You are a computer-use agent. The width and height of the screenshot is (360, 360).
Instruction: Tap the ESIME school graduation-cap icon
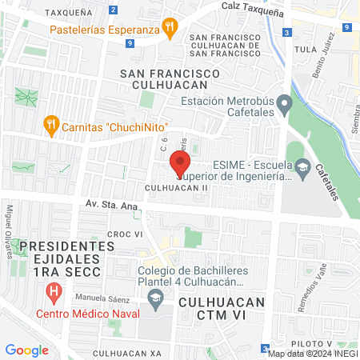(x=302, y=168)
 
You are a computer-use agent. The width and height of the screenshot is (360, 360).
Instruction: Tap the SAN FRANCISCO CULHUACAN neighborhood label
(x=169, y=78)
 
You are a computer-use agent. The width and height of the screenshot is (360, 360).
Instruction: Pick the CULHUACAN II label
(x=177, y=187)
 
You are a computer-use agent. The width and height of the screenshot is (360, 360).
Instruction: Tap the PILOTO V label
(x=307, y=342)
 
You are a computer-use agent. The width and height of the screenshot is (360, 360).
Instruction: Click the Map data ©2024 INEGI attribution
(x=313, y=353)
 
